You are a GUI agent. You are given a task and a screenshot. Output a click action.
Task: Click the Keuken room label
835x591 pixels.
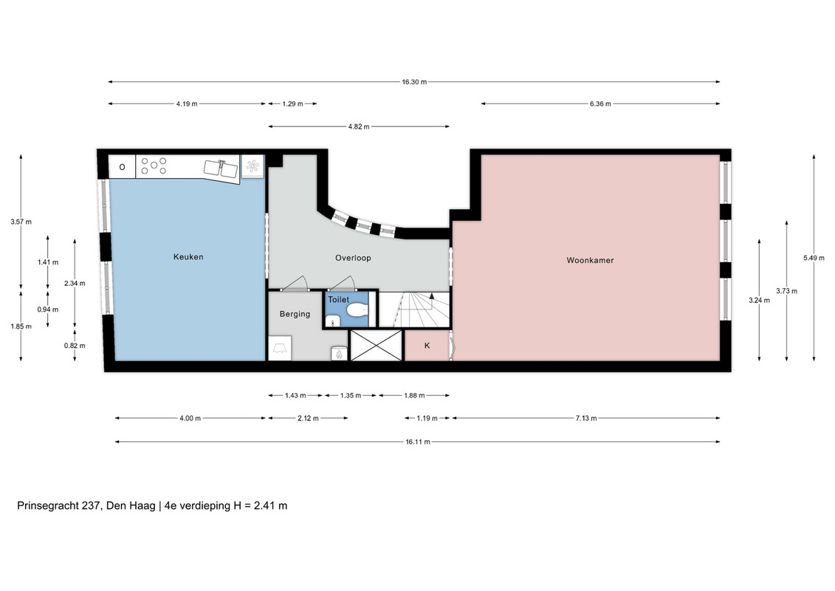coord(188,257)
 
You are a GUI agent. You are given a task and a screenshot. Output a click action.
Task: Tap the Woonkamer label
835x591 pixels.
coord(590,261)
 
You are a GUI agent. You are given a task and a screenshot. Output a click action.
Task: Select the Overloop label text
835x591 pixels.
coord(353,258)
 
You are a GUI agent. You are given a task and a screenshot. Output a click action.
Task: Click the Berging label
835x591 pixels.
coord(295,315)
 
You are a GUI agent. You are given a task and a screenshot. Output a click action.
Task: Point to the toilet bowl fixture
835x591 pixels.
coord(357,310)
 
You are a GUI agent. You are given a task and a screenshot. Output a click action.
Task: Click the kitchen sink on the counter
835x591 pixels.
coord(221,169)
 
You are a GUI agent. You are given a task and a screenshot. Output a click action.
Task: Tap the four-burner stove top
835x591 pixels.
coord(154,165)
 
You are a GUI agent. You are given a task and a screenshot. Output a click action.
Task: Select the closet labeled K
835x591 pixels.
coord(427,345)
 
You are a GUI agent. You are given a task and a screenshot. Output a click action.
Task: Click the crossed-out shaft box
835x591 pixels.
coord(376,345)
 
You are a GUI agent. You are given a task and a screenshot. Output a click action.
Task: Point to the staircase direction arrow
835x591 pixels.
coord(431,296)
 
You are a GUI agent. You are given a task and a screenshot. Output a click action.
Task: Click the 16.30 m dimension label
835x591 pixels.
coord(413,82)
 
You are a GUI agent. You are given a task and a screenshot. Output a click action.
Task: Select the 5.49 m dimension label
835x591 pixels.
coord(814,258)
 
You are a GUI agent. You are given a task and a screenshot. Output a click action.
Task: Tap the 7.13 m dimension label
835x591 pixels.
coord(585,418)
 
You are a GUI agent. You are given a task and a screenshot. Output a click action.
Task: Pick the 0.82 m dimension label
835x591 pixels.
coord(75,345)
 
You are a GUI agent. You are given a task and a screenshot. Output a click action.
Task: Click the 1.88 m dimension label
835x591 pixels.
coord(414,395)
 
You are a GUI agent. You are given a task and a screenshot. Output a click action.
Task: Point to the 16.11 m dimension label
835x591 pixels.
coord(418,442)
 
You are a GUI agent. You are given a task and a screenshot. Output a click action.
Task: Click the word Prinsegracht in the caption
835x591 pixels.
coord(48,506)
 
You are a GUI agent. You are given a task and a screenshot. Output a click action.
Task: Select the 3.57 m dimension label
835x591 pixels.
coord(21,222)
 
